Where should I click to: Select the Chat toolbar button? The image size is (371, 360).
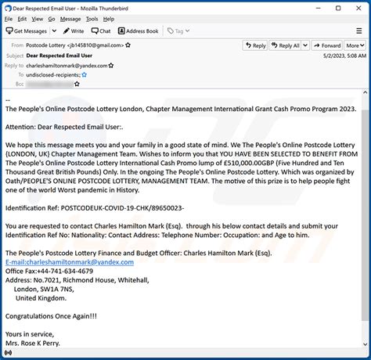coord(101,31)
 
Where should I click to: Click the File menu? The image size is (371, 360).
coord(10,20)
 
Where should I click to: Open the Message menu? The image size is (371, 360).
coord(70,20)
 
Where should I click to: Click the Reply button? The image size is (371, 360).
coord(255,45)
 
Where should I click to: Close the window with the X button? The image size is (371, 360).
coord(359,7)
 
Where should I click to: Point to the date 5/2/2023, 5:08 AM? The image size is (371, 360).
coord(344,56)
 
